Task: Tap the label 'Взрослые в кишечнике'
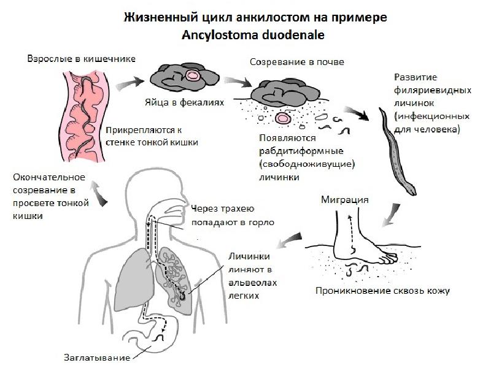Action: (x=81, y=59)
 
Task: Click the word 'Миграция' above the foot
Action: (x=344, y=200)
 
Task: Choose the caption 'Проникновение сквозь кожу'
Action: (x=382, y=291)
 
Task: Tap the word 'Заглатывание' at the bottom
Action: (x=98, y=357)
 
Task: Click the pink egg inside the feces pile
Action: (x=193, y=76)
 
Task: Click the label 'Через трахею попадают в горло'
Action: (x=232, y=215)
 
